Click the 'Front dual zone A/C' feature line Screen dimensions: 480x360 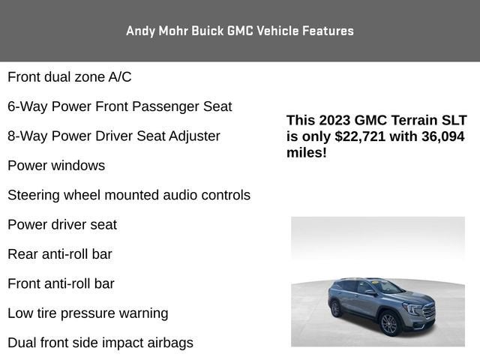coord(70,77)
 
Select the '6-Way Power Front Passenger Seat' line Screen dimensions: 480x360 coord(120,106)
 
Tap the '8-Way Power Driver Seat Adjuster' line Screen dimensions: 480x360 coord(114,136)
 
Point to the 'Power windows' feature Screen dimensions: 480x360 coord(56,166)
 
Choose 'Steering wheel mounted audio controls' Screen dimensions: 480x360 coord(129,195)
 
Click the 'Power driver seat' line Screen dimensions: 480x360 coord(62,225)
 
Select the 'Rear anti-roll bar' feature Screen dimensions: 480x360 coord(60,254)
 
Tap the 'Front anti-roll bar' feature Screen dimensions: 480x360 coord(61,284)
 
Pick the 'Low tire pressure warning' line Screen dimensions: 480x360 coord(88,313)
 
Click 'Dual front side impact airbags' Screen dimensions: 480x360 coord(100,343)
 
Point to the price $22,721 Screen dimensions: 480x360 coord(360,136)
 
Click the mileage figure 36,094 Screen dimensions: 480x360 coord(443,136)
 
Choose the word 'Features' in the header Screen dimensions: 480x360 coord(328,31)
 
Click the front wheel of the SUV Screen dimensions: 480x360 coord(389,323)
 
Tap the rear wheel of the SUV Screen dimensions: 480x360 coord(336,308)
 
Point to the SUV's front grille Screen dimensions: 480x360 coord(429,310)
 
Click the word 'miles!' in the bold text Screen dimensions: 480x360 coord(307,153)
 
